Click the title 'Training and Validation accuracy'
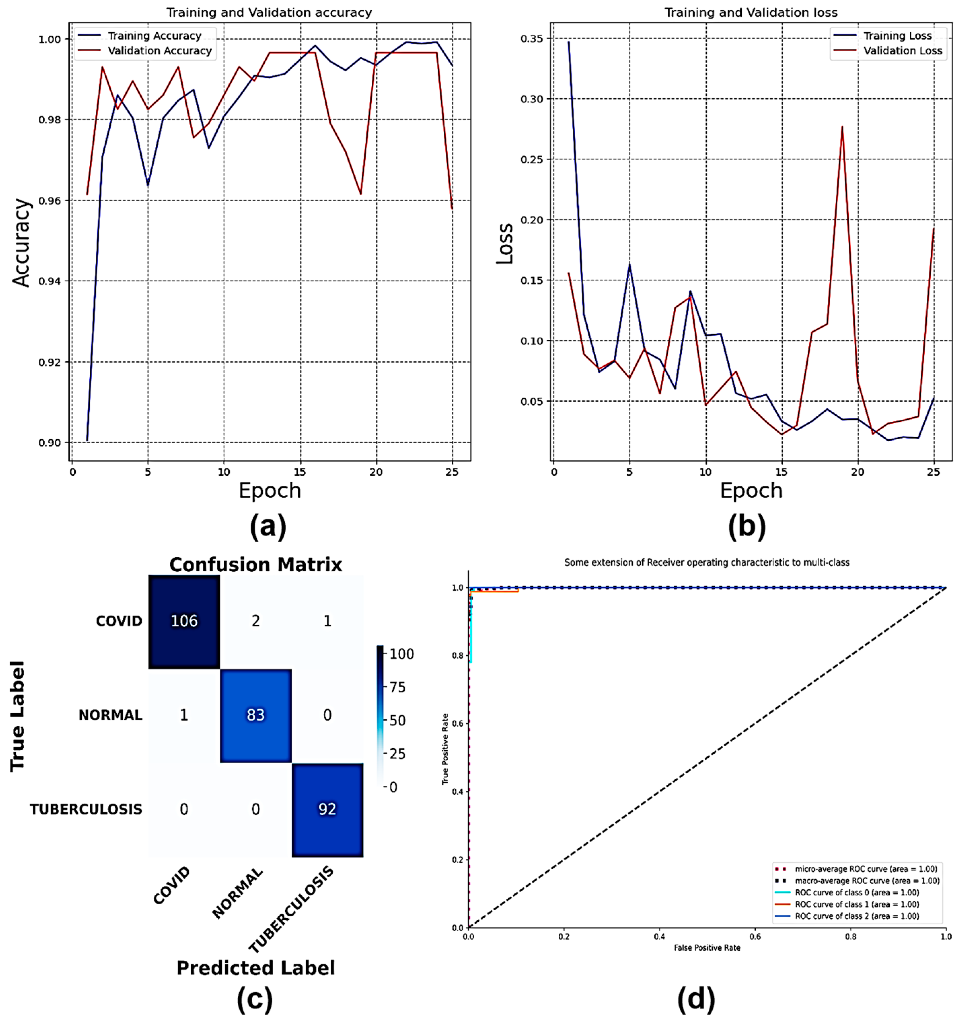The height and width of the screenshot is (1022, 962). pos(269,12)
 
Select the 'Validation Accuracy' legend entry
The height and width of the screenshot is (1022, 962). pos(159,51)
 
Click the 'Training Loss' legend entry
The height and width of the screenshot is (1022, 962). pos(897,36)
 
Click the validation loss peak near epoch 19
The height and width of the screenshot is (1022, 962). pos(842,127)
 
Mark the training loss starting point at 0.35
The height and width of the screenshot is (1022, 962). pos(568,42)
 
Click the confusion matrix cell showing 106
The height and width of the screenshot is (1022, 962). pos(184,621)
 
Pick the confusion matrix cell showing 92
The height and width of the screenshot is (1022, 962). pos(327,810)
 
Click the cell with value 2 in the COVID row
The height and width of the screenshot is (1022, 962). pos(255,621)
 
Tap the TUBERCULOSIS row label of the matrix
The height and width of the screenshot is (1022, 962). pos(86,810)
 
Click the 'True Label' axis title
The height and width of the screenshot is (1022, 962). pos(17,716)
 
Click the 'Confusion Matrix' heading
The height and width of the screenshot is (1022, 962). pos(255,565)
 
